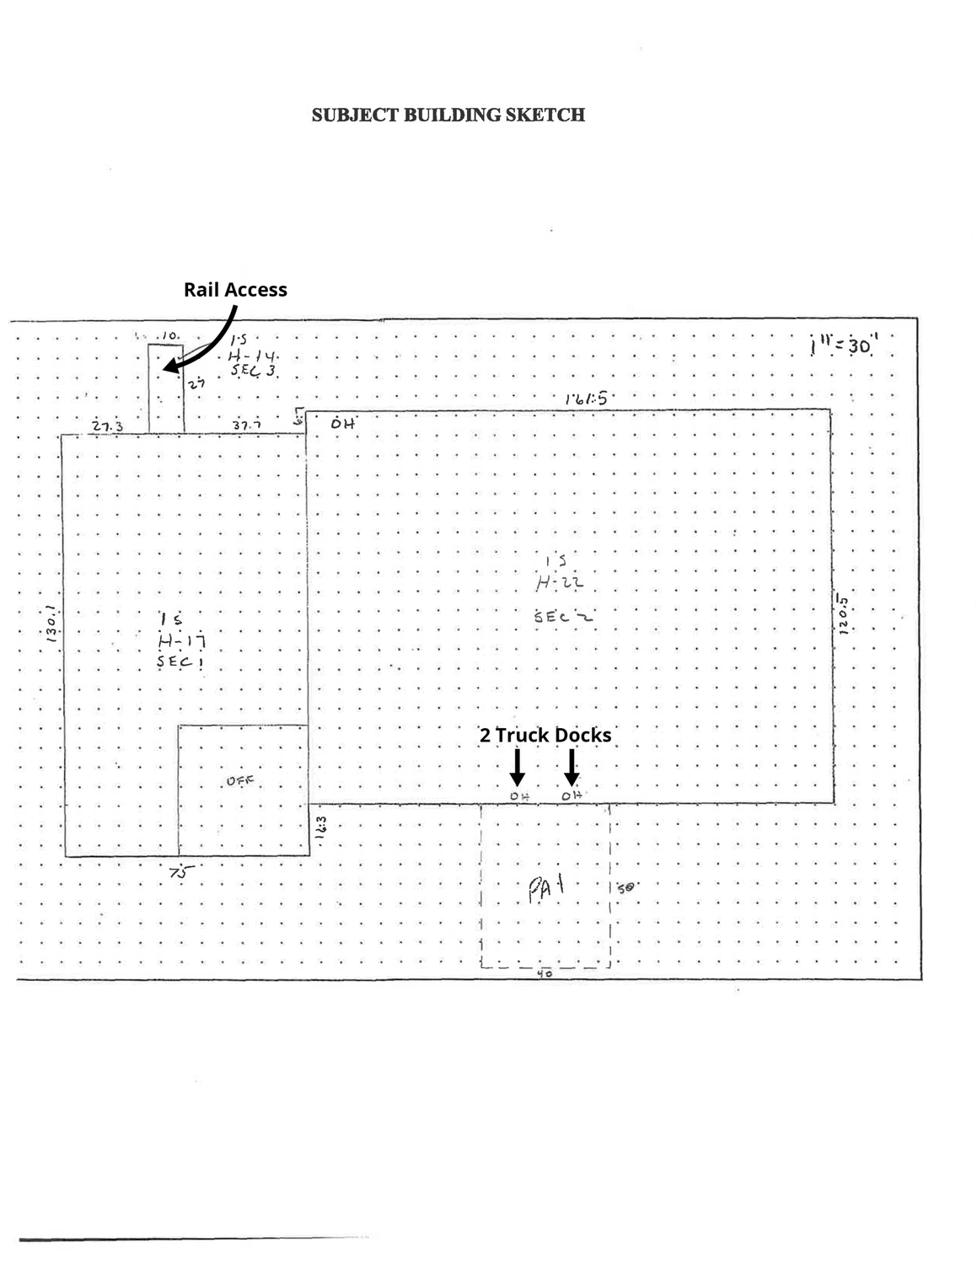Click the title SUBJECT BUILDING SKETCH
click(448, 115)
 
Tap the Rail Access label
click(235, 290)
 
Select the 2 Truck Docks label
click(545, 735)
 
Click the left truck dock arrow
click(518, 766)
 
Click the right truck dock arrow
click(572, 766)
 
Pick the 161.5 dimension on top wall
click(586, 399)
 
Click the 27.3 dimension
click(107, 426)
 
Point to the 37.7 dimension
click(246, 426)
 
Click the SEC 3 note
click(254, 372)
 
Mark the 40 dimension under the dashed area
click(544, 973)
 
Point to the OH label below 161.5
click(342, 424)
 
